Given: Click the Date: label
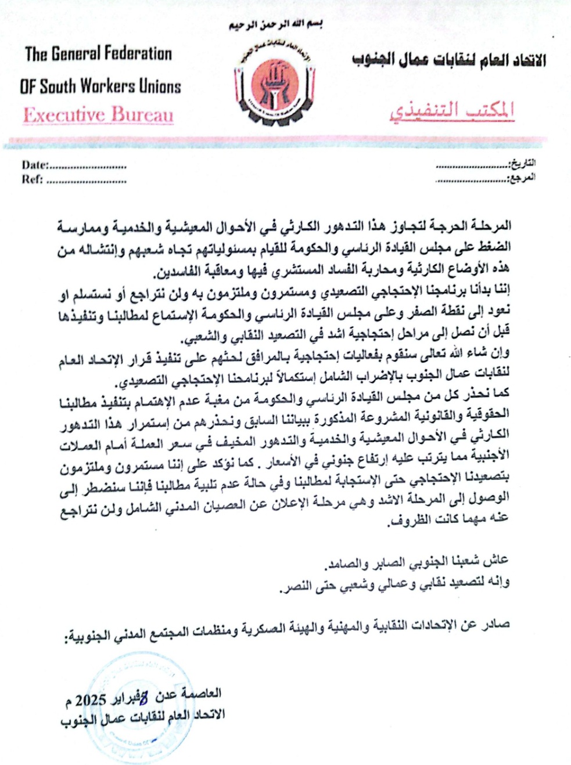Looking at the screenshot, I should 35,165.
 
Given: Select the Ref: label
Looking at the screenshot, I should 32,179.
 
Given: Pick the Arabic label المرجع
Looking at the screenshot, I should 521,177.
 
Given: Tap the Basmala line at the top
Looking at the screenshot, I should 275,24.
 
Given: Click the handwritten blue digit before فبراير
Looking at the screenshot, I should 144,697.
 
